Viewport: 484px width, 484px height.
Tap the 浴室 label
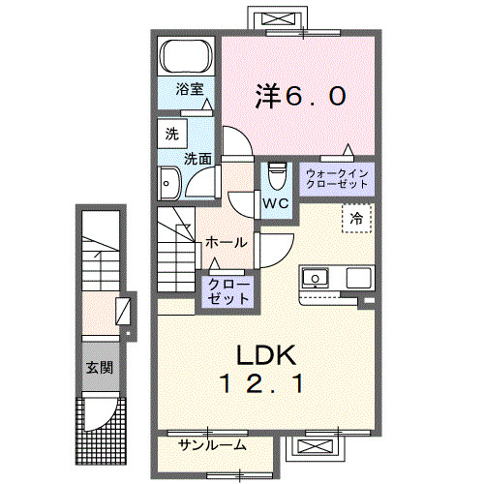click(x=189, y=90)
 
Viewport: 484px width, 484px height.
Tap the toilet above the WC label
click(x=276, y=177)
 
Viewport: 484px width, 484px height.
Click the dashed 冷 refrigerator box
click(x=354, y=218)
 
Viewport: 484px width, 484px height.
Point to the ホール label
click(x=226, y=242)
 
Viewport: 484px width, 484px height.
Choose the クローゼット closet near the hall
click(x=227, y=291)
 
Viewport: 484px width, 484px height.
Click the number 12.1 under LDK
click(x=263, y=384)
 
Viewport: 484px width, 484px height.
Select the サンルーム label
click(x=212, y=445)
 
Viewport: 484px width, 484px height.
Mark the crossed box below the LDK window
click(x=317, y=446)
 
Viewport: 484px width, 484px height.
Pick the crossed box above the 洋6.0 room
click(x=275, y=20)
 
